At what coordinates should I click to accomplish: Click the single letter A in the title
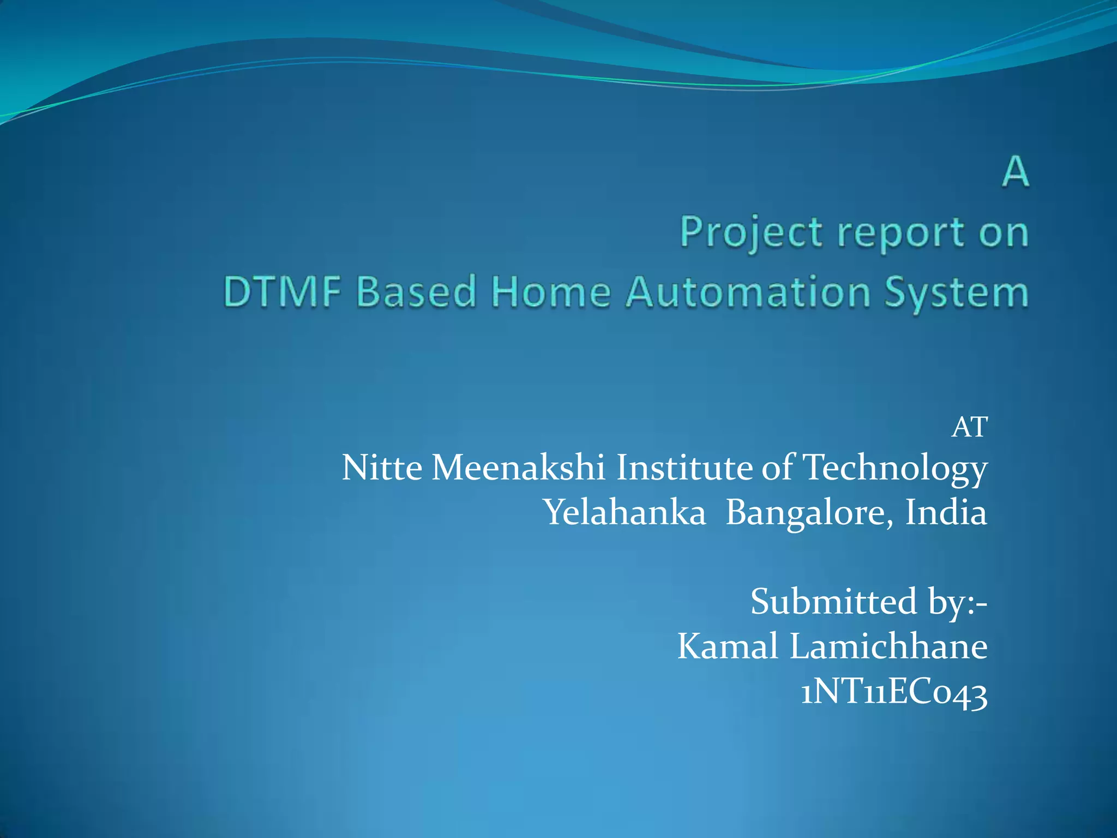click(1015, 172)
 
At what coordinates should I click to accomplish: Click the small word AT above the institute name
click(969, 427)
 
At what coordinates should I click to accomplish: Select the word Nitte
click(382, 468)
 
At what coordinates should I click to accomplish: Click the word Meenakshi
click(518, 468)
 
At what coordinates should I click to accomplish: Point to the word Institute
click(684, 468)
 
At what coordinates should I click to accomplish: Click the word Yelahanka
click(625, 513)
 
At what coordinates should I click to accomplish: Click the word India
click(946, 513)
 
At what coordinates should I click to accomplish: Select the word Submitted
click(833, 602)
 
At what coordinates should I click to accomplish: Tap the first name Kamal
click(728, 647)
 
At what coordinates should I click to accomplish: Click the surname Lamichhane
click(888, 647)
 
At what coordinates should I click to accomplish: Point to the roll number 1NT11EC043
click(894, 694)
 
